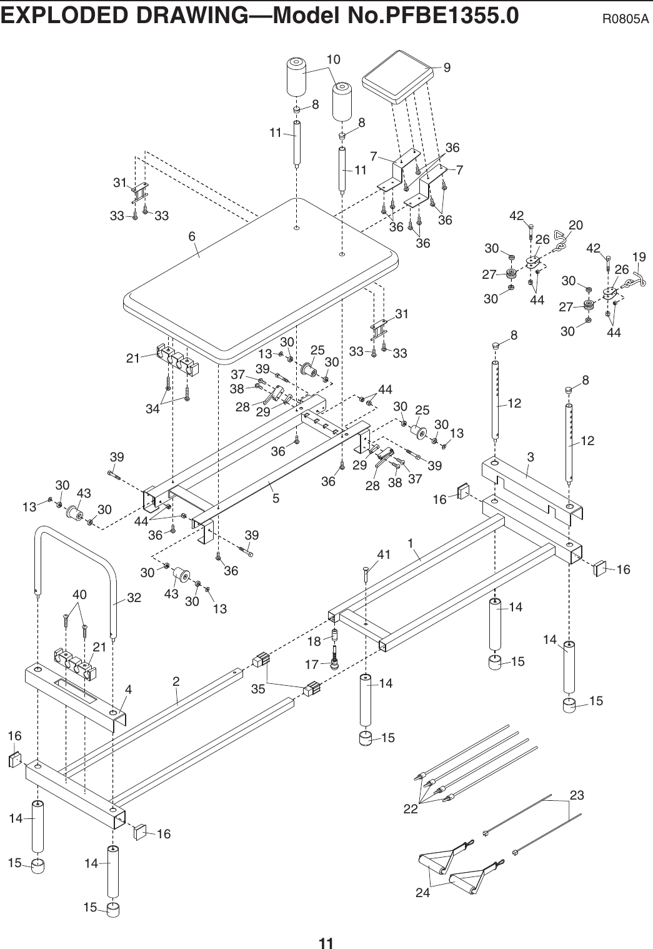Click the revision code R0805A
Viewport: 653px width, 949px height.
624,18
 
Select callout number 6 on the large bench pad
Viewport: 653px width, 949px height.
192,237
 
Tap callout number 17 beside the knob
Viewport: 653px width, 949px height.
312,664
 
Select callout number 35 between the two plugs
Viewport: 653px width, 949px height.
258,690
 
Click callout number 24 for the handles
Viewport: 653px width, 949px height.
423,893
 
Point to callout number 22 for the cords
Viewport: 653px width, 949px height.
411,808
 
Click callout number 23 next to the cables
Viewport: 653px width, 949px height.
577,796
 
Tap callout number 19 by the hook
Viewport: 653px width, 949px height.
639,258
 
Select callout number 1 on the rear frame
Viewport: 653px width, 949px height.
411,544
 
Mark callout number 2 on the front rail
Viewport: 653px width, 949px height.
177,681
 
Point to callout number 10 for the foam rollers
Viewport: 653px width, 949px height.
334,59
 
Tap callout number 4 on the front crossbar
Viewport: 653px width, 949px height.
128,690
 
